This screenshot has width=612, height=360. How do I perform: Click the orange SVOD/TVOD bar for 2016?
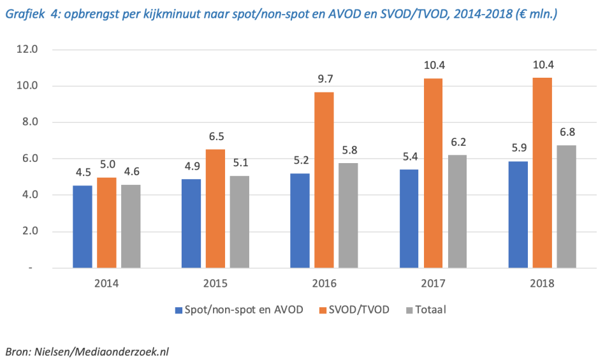(x=324, y=180)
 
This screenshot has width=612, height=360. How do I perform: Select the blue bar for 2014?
(x=82, y=226)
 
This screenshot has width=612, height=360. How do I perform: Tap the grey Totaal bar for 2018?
(x=566, y=206)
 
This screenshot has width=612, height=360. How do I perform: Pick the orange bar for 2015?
(x=215, y=208)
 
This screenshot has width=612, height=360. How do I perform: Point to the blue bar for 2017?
(x=409, y=218)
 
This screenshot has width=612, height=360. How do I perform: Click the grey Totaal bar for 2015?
(x=240, y=221)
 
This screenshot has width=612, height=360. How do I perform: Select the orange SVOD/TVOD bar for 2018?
(x=542, y=172)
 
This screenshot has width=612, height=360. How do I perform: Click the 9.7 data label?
(x=324, y=79)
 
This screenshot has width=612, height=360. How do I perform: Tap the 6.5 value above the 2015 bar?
(x=215, y=136)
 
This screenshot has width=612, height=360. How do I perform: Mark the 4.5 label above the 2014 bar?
(x=82, y=173)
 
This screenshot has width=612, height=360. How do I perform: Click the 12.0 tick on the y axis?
(x=29, y=49)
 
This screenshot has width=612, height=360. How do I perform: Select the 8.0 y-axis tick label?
(x=29, y=122)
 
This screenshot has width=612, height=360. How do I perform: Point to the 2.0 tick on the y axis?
(x=29, y=231)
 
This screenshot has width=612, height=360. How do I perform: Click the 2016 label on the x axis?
(x=324, y=282)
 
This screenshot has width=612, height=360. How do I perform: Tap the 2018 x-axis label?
(x=542, y=282)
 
